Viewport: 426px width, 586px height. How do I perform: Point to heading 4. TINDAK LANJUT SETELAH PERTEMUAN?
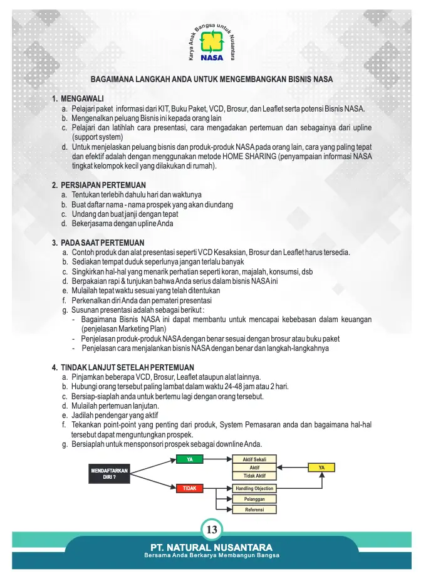[123, 367]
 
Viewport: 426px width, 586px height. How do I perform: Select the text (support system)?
[98, 137]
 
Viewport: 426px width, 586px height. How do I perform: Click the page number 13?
[212, 530]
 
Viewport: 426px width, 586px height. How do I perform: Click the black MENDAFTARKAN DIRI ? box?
[110, 473]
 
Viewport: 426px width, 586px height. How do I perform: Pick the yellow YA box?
[321, 468]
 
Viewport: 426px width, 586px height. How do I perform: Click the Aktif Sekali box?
[254, 460]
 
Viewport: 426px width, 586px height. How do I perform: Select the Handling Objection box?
[254, 489]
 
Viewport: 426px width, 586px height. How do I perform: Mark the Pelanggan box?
[254, 500]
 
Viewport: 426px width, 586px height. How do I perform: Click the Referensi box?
[254, 510]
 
